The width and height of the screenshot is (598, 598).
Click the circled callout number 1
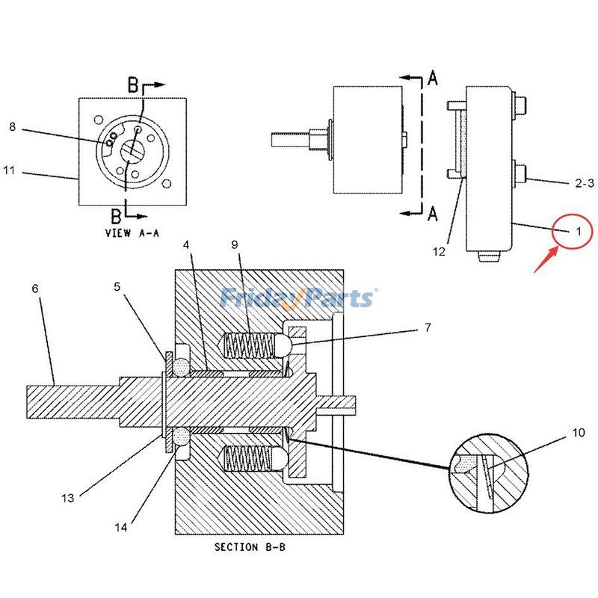pyautogui.click(x=577, y=231)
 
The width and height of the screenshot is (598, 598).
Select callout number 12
pyautogui.click(x=439, y=252)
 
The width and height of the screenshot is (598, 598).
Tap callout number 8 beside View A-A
pyautogui.click(x=12, y=126)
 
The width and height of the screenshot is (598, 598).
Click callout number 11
pyautogui.click(x=8, y=170)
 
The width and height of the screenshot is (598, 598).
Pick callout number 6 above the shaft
pyautogui.click(x=35, y=288)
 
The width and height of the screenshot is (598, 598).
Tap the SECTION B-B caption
pyautogui.click(x=250, y=547)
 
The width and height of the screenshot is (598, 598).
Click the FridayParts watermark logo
pyautogui.click(x=298, y=298)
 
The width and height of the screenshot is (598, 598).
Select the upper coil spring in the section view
pyautogui.click(x=249, y=345)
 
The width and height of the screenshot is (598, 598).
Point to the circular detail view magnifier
pyautogui.click(x=489, y=475)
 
